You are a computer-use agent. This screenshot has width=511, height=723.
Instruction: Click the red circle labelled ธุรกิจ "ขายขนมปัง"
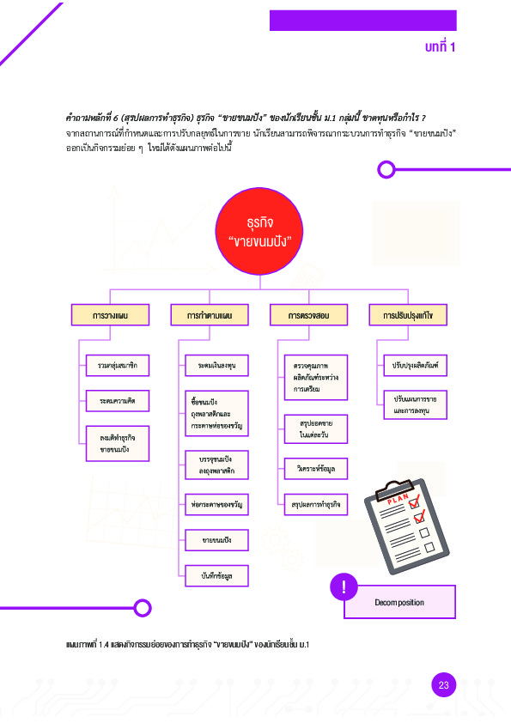pyautogui.click(x=259, y=231)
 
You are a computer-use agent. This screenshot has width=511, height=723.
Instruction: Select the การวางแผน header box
pyautogui.click(x=110, y=315)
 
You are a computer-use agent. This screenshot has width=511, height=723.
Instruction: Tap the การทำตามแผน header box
pyautogui.click(x=210, y=315)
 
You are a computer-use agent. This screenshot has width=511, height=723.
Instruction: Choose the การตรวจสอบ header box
pyautogui.click(x=308, y=315)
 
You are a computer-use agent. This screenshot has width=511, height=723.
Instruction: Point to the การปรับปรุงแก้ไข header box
pyautogui.click(x=408, y=315)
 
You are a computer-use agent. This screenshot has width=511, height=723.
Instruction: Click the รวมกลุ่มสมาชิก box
pyautogui.click(x=118, y=365)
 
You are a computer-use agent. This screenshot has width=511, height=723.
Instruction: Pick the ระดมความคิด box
pyautogui.click(x=118, y=401)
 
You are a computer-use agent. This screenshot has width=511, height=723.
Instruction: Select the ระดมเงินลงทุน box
pyautogui.click(x=216, y=365)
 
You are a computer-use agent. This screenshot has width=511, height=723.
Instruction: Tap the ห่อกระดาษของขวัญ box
pyautogui.click(x=216, y=504)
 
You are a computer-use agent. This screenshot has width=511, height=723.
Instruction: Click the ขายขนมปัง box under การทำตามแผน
pyautogui.click(x=216, y=540)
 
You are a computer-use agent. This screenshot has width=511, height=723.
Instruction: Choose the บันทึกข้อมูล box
pyautogui.click(x=216, y=575)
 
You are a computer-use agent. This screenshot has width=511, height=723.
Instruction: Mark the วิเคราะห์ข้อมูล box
pyautogui.click(x=316, y=469)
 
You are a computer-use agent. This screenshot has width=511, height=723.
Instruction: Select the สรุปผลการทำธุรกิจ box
pyautogui.click(x=316, y=504)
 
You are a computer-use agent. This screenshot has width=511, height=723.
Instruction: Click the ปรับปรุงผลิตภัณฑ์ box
pyautogui.click(x=415, y=365)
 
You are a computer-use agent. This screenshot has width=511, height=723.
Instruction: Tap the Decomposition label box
pyautogui.click(x=400, y=602)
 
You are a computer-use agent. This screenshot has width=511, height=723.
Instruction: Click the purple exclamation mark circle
pyautogui.click(x=344, y=587)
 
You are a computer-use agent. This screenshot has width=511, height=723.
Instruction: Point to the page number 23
pyautogui.click(x=444, y=685)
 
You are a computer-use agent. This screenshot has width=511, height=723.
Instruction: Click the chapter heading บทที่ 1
pyautogui.click(x=440, y=46)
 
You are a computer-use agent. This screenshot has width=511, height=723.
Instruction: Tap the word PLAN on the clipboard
pyautogui.click(x=398, y=498)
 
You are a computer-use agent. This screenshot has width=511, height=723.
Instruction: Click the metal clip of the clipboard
pyautogui.click(x=393, y=489)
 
